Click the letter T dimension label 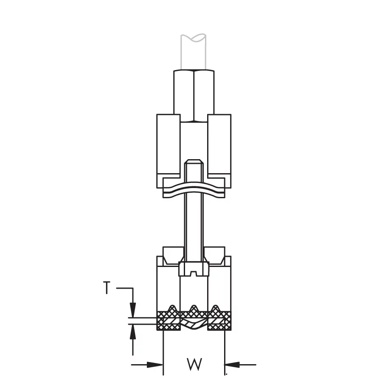click(x=107, y=287)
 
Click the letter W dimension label click(x=194, y=364)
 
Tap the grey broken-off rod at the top click(x=194, y=52)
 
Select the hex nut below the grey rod click(x=194, y=96)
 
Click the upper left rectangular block click(x=169, y=151)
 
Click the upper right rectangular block click(x=219, y=151)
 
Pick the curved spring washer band click(x=194, y=190)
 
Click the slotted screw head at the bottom click(x=194, y=269)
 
